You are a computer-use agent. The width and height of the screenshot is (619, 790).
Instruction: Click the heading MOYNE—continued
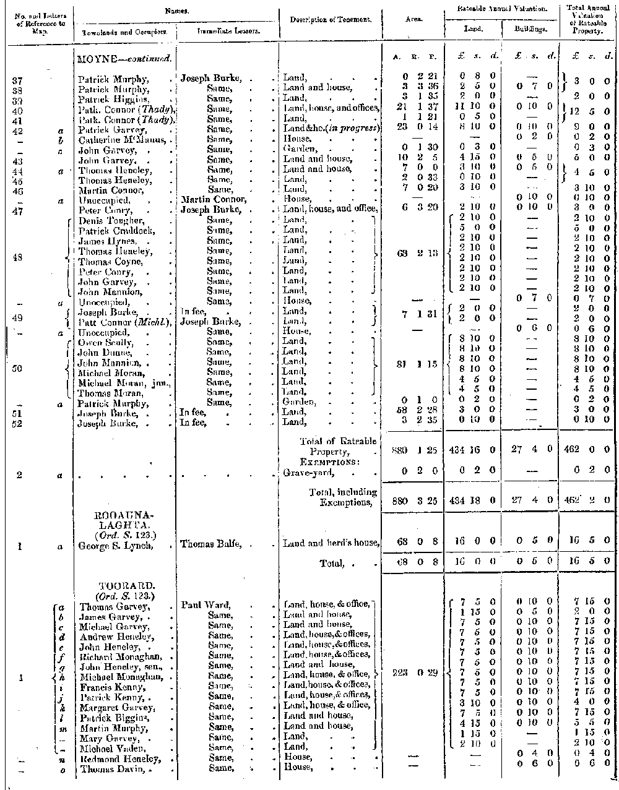tap(124, 59)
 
